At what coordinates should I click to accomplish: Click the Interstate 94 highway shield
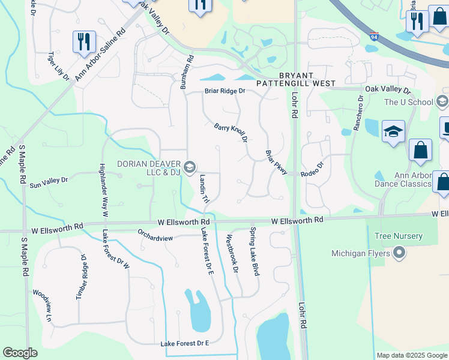(x=375, y=37)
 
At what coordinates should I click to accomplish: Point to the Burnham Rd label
(x=187, y=72)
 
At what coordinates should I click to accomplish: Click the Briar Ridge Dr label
(x=225, y=91)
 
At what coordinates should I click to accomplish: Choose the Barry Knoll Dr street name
(x=231, y=133)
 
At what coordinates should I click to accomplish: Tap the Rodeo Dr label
(x=312, y=168)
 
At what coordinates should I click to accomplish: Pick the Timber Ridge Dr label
(x=82, y=277)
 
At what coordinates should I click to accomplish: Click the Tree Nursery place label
(x=395, y=237)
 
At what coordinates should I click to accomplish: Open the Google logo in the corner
(x=20, y=353)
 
